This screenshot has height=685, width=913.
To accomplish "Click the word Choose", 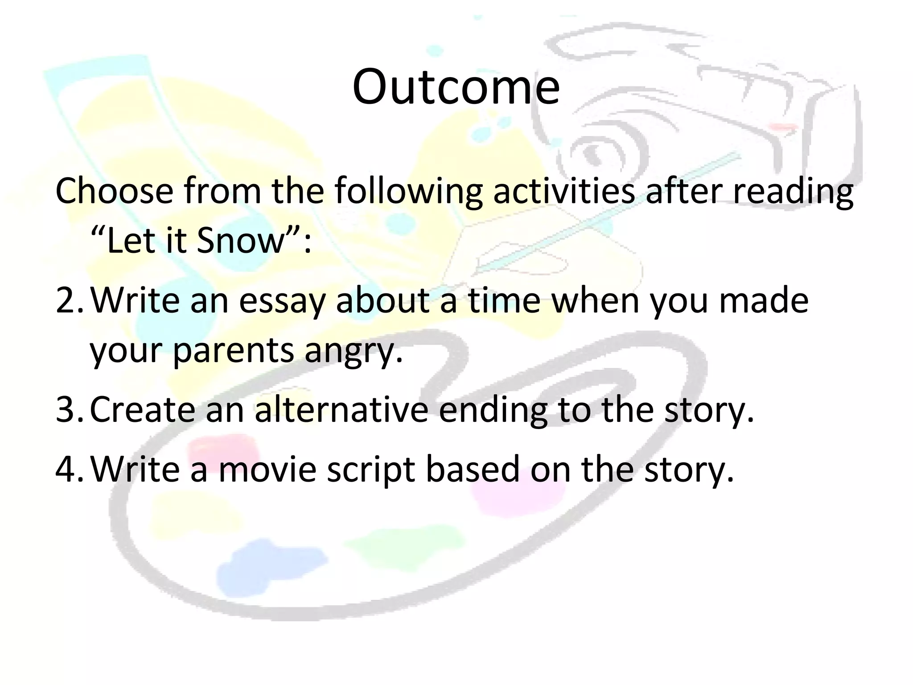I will [114, 191].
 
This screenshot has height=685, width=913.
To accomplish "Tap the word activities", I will [563, 191].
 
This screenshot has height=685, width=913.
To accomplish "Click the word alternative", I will [341, 409].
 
